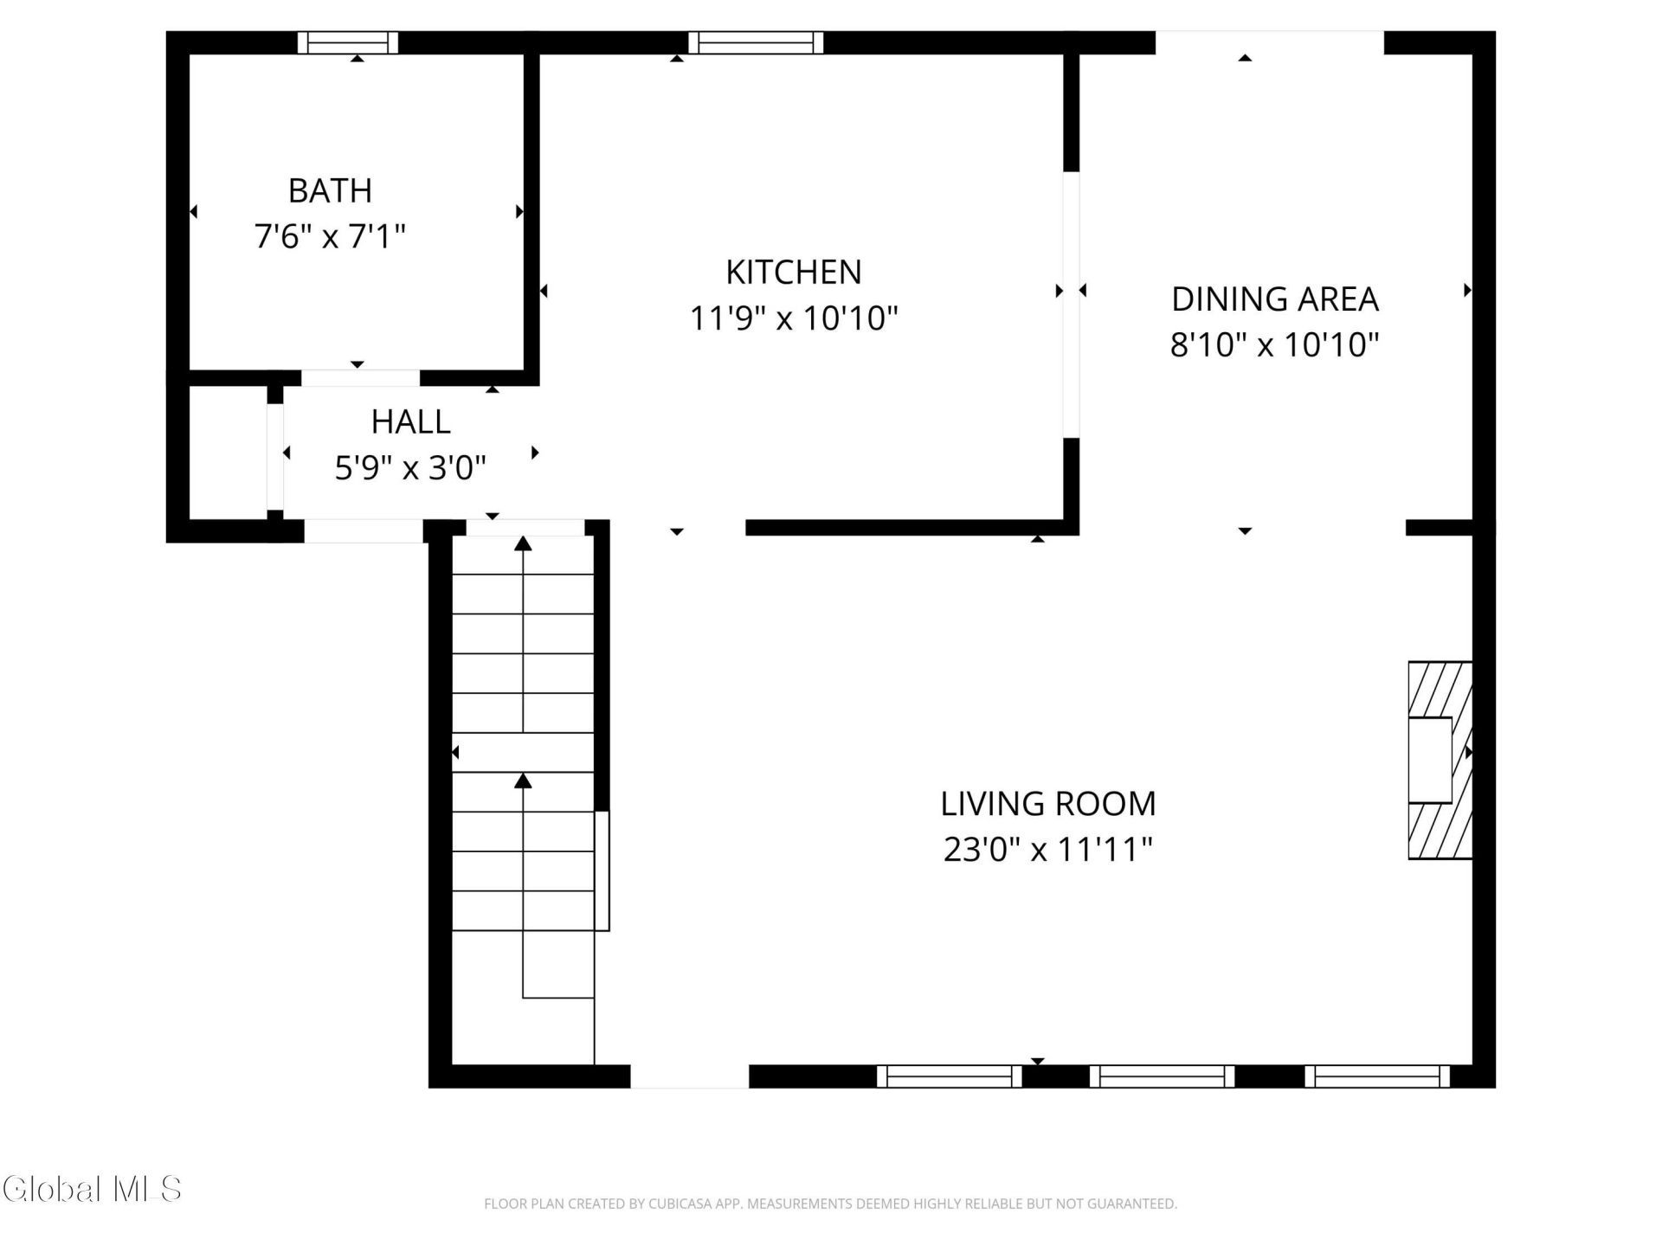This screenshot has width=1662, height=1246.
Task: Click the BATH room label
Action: tap(330, 190)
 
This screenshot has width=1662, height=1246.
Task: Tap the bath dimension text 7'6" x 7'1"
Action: tap(330, 235)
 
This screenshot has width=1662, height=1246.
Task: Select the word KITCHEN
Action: tap(794, 273)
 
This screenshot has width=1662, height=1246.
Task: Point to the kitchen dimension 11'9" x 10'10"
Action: tap(794, 318)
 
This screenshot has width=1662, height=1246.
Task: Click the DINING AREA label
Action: tap(1274, 299)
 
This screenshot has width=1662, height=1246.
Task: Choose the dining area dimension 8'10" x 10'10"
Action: tap(1274, 345)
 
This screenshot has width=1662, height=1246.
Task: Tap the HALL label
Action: tap(410, 422)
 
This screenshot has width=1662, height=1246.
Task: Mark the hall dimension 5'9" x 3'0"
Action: tap(410, 468)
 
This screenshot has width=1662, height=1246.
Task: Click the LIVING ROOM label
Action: tap(1048, 804)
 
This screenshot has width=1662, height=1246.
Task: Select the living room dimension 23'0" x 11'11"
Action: tap(1048, 850)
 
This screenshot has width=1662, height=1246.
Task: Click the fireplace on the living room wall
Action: tap(1440, 761)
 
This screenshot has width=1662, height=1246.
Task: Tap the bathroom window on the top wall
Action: tap(348, 42)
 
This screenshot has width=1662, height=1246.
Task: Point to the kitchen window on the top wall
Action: tap(756, 42)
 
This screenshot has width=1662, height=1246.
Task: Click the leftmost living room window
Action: tap(950, 1076)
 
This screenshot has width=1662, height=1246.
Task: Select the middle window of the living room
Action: tap(1162, 1076)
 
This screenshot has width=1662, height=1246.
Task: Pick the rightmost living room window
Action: tap(1377, 1076)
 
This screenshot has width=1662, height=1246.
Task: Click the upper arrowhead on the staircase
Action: tap(523, 543)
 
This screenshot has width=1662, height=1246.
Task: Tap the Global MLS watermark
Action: tap(92, 1189)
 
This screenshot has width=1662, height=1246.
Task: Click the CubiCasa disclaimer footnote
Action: tap(830, 1204)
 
